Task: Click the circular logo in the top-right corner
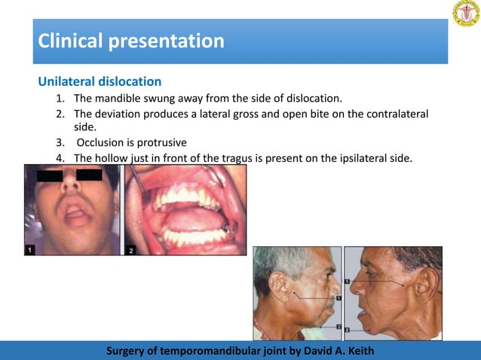[x=465, y=14]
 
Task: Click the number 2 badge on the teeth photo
[x=131, y=249]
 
